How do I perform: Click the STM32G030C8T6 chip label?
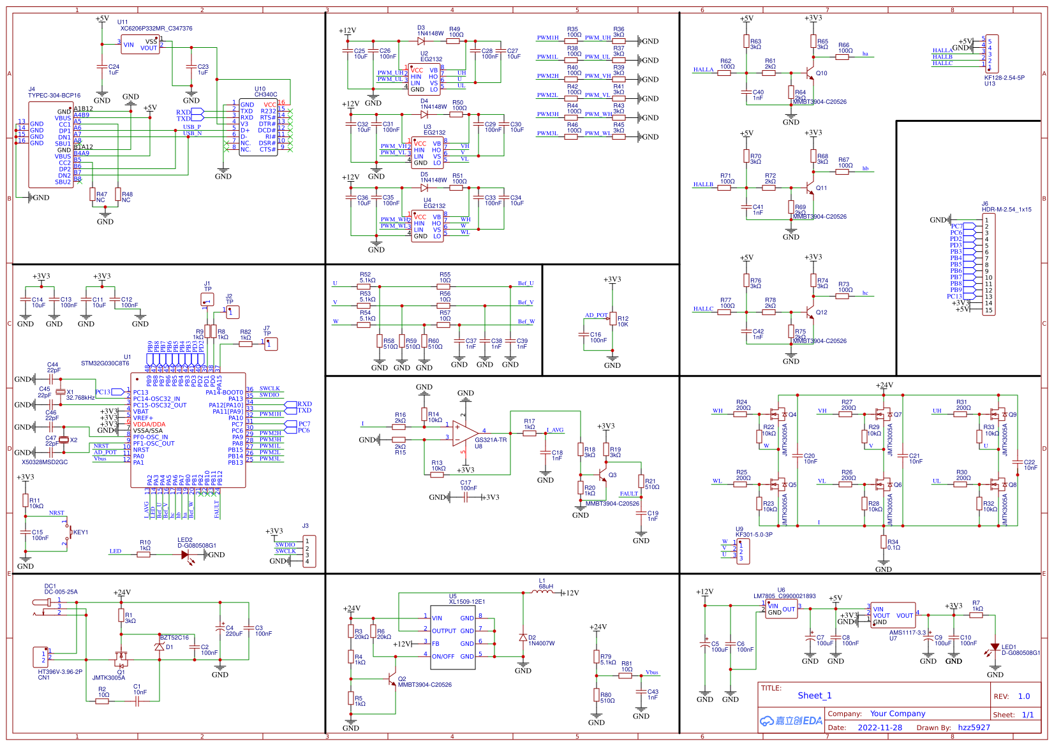coord(105,363)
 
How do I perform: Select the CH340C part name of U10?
coord(266,94)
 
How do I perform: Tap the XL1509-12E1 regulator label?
coord(467,601)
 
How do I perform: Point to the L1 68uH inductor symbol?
coord(542,592)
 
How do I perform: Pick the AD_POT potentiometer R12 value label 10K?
coord(623,325)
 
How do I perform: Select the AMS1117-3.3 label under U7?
coord(907,633)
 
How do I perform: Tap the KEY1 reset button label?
coord(80,532)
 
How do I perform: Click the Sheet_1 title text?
coord(815,696)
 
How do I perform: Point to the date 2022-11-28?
coord(880,728)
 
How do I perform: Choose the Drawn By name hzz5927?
coord(974,728)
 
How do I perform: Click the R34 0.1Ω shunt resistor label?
coord(894,545)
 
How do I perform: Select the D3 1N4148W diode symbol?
coord(421,41)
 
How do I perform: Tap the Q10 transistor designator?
coord(821,73)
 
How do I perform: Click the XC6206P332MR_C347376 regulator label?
coord(156,29)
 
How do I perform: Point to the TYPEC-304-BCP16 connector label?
coord(54,96)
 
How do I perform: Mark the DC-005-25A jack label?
coord(61,592)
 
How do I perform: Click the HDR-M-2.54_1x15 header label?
coord(1006,209)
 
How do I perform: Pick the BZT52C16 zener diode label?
coord(174,638)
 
